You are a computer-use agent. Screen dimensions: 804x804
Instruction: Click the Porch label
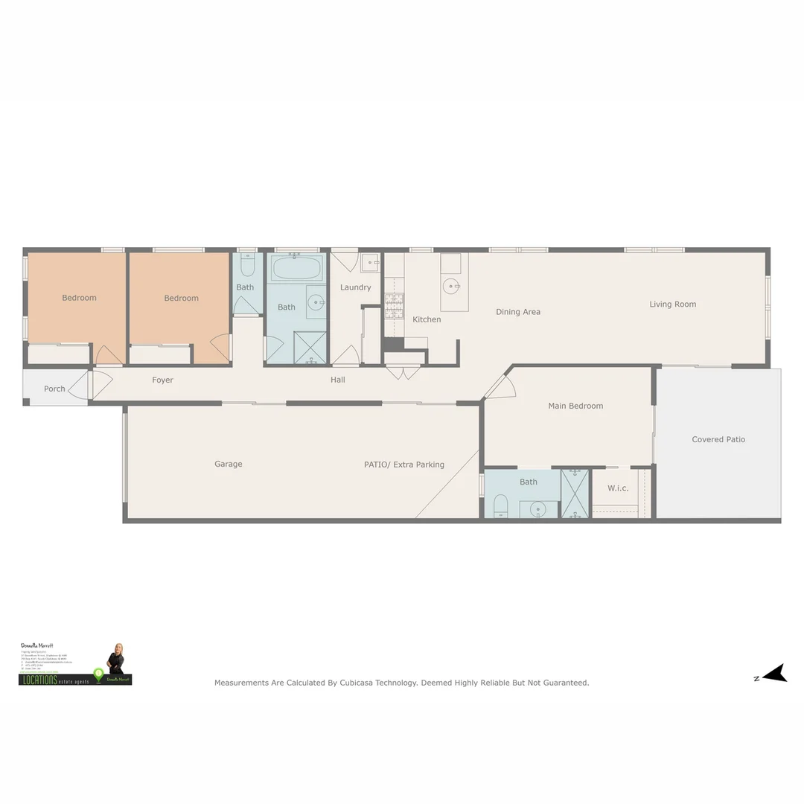pyautogui.click(x=54, y=389)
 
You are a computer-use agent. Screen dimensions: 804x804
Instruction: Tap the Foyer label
pyautogui.click(x=162, y=380)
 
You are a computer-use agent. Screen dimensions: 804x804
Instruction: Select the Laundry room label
pyautogui.click(x=355, y=287)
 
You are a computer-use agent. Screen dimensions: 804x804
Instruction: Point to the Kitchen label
pyautogui.click(x=427, y=319)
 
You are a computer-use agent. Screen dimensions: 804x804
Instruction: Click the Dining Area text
pyautogui.click(x=518, y=312)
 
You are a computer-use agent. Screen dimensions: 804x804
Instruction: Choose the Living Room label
pyautogui.click(x=672, y=304)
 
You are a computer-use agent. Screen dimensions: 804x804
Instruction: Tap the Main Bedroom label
pyautogui.click(x=575, y=406)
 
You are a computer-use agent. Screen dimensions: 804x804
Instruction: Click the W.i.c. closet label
pyautogui.click(x=618, y=488)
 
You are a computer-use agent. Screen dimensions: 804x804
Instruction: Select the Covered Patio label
pyautogui.click(x=718, y=439)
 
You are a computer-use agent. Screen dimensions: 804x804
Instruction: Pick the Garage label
pyautogui.click(x=229, y=464)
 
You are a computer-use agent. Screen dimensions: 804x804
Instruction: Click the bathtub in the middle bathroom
pyautogui.click(x=296, y=267)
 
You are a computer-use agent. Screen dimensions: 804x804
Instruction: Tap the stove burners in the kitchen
pyautogui.click(x=393, y=306)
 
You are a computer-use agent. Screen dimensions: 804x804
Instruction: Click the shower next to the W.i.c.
pyautogui.click(x=575, y=492)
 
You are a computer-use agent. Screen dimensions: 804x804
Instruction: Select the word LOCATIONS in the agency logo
pyautogui.click(x=39, y=680)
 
